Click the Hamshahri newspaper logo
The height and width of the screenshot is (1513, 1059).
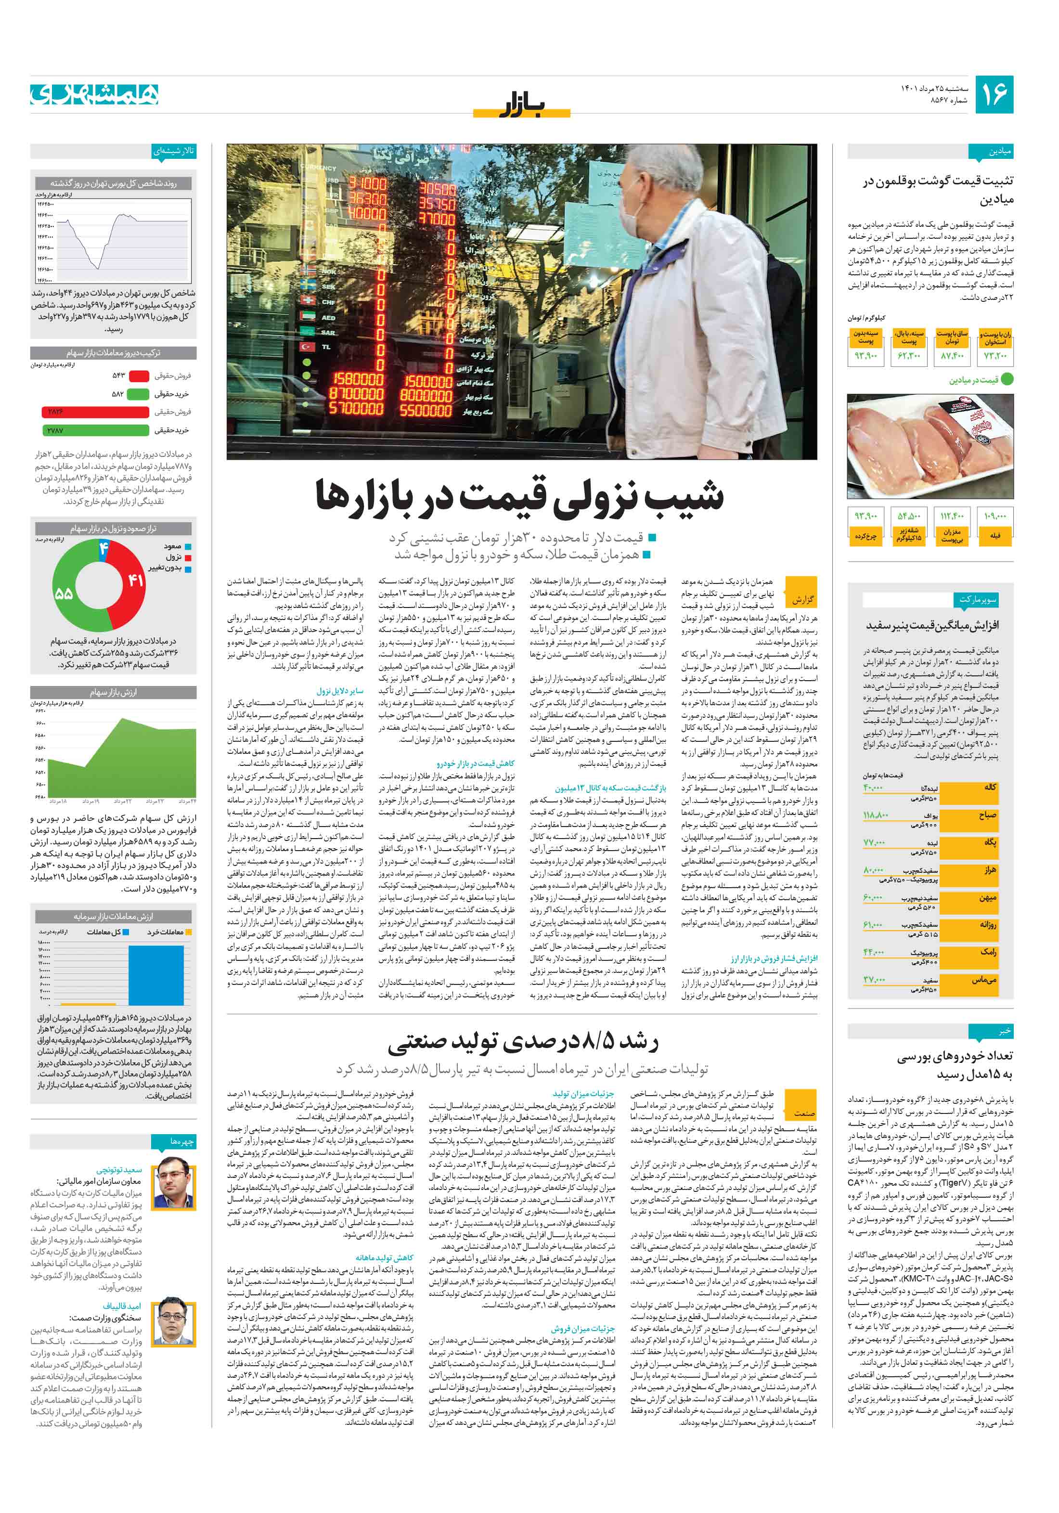94,94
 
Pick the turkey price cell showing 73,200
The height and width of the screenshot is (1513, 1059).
995,356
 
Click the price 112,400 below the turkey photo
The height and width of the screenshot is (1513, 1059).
952,516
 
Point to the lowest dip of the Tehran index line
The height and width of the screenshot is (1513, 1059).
98,267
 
